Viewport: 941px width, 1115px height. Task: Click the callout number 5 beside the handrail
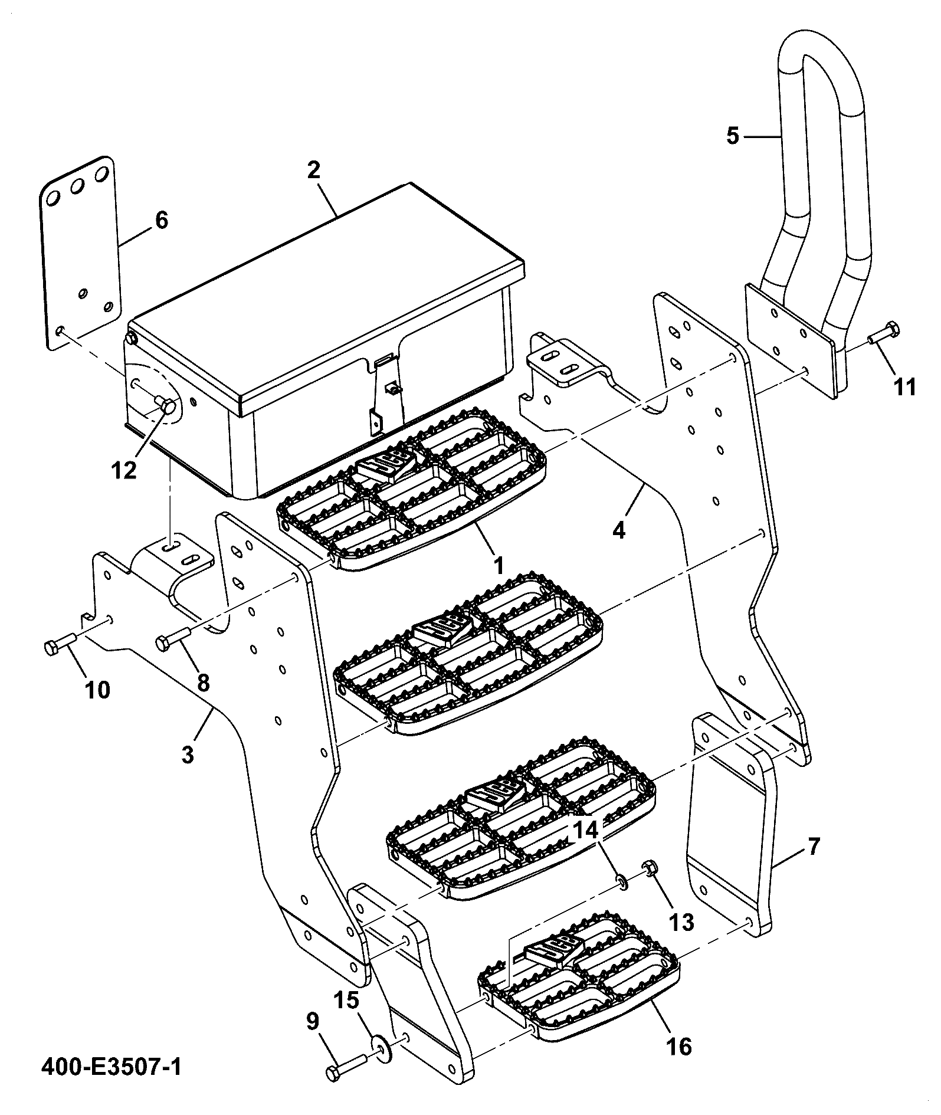(732, 136)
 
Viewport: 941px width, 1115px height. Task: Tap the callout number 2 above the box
(313, 170)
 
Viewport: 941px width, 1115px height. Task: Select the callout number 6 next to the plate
(161, 220)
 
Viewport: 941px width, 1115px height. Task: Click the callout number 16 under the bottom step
(679, 1046)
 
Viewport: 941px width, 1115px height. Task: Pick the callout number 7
(813, 847)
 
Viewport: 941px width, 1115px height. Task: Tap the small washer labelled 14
(621, 882)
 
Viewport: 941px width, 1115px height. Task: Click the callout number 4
(618, 530)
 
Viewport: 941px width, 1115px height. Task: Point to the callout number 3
(188, 754)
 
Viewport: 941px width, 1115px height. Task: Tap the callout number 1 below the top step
(499, 566)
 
